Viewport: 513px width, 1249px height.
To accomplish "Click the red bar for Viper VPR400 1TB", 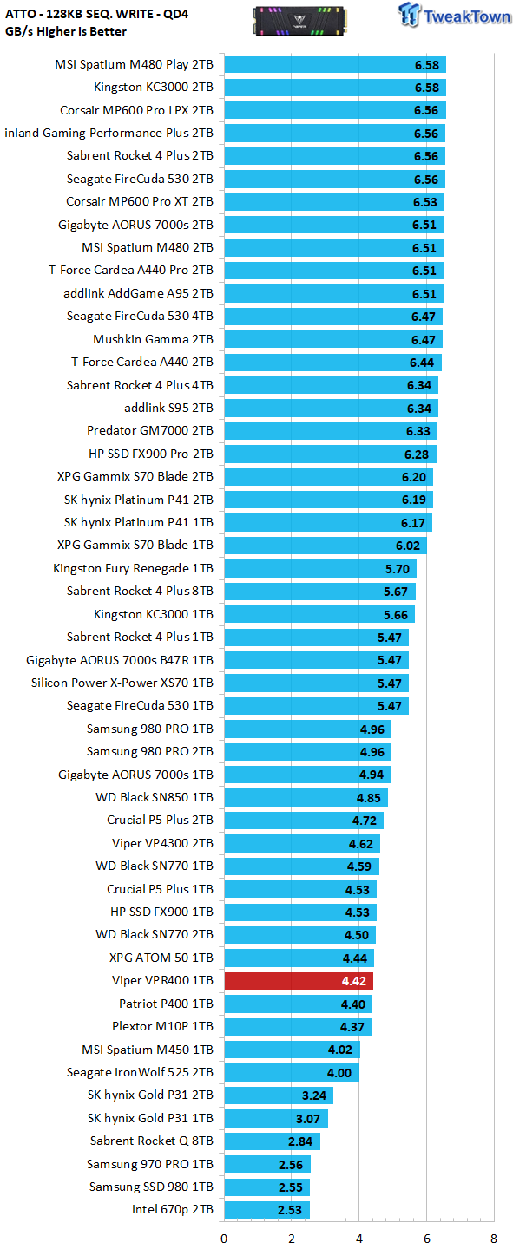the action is click(299, 980).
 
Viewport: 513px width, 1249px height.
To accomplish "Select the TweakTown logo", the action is click(454, 15).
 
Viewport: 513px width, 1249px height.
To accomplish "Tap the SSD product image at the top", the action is click(299, 21).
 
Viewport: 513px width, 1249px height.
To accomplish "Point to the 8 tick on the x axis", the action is click(494, 1239).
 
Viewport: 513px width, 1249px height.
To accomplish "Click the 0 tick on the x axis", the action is click(224, 1239).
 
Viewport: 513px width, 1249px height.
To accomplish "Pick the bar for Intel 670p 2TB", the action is click(266, 1209).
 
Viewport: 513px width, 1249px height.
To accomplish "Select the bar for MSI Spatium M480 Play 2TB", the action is click(335, 65).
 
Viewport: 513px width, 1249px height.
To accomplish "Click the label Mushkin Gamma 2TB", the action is click(153, 339).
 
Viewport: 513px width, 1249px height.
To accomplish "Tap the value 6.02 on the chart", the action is click(407, 546).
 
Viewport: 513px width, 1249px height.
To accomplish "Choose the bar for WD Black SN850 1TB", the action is click(306, 797).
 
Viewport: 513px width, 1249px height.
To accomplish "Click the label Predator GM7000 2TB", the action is click(149, 430).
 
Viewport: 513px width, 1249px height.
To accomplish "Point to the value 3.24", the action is click(313, 1095).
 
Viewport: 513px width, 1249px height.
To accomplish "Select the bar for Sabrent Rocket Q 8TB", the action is click(272, 1141).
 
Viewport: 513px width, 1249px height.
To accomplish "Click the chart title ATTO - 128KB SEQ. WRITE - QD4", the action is click(96, 14).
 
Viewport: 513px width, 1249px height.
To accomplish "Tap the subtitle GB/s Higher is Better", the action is click(66, 31).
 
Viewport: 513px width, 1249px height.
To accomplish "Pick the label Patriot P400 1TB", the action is click(166, 1004).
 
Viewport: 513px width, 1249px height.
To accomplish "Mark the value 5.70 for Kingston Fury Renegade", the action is click(397, 569).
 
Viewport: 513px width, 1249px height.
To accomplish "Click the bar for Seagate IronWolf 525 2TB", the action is click(292, 1072).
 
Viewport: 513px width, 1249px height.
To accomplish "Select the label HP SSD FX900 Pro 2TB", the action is click(151, 454).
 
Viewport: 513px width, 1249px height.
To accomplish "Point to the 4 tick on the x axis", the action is click(359, 1239).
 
